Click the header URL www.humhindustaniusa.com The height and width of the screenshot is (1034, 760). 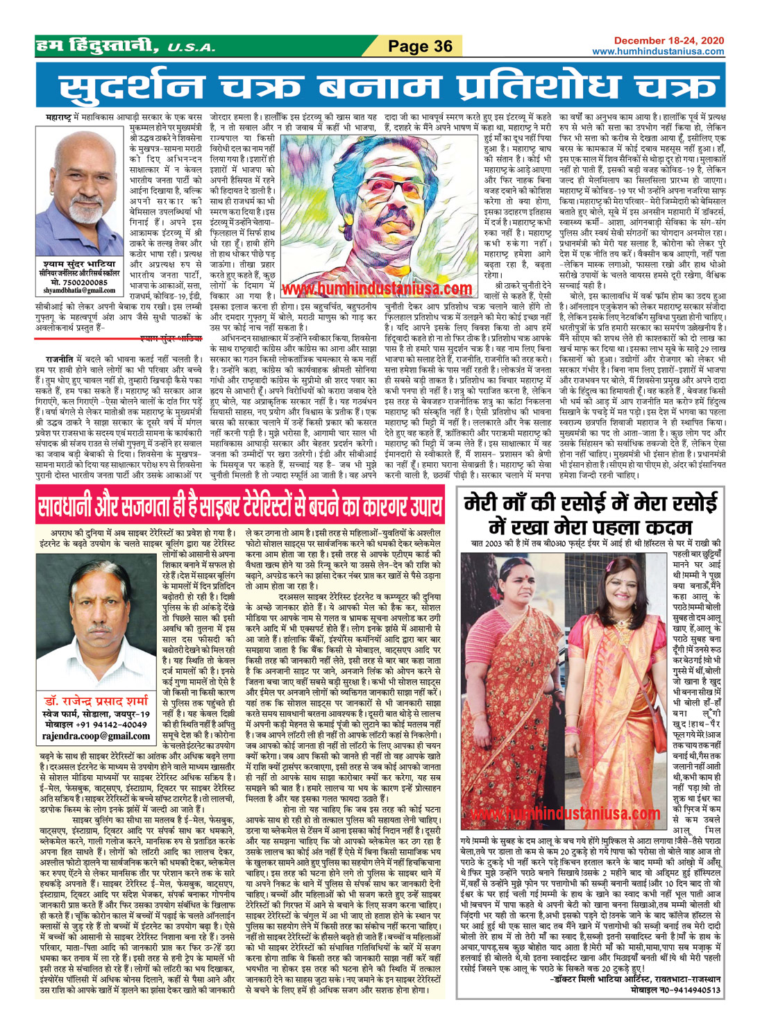(x=667, y=51)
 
